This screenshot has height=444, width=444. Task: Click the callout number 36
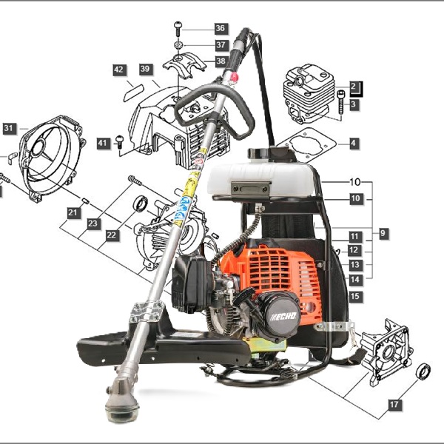click(221, 28)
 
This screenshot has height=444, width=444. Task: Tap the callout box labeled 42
click(119, 70)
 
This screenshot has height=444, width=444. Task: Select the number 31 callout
click(9, 129)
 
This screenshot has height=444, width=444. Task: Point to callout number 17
click(394, 405)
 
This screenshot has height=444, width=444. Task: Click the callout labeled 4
click(354, 144)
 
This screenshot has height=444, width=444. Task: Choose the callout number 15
click(354, 297)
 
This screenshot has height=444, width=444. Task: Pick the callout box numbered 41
click(103, 144)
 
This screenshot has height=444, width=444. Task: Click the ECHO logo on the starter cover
click(283, 316)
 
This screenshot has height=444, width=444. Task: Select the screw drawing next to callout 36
click(178, 29)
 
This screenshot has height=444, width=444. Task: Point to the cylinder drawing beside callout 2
click(309, 93)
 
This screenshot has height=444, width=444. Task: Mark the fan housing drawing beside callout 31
click(51, 158)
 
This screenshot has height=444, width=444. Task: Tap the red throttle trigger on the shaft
click(234, 77)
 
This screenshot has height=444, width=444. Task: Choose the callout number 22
click(112, 235)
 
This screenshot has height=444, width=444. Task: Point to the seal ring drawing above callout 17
click(423, 371)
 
